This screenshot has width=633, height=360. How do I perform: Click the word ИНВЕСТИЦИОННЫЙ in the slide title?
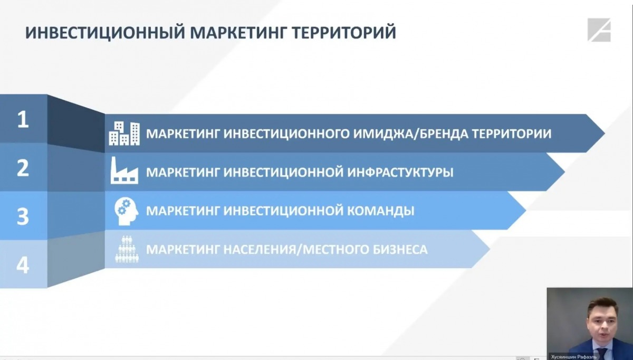105,33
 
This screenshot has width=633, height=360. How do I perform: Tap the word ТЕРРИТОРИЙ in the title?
343,32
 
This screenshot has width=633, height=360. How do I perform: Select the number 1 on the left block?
23,119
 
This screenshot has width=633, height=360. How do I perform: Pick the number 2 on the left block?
23,168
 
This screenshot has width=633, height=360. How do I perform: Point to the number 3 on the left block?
23,216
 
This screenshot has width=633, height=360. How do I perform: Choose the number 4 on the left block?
23,265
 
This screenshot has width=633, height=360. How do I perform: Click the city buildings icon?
124,134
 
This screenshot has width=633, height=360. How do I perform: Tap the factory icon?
124,170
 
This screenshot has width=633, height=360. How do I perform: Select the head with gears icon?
126,211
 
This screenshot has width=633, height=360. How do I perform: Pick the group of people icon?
127,249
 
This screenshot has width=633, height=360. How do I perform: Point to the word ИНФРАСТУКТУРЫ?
400,172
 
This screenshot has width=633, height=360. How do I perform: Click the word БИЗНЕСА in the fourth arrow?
400,250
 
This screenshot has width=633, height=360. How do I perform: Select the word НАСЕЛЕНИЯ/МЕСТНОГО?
296,250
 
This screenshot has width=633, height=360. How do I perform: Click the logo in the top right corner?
599,30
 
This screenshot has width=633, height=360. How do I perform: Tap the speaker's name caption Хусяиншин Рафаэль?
574,357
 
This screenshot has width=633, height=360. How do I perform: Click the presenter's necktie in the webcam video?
602,354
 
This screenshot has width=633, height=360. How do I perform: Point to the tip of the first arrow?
605,133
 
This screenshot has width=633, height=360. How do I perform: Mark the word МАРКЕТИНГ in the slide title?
238,33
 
